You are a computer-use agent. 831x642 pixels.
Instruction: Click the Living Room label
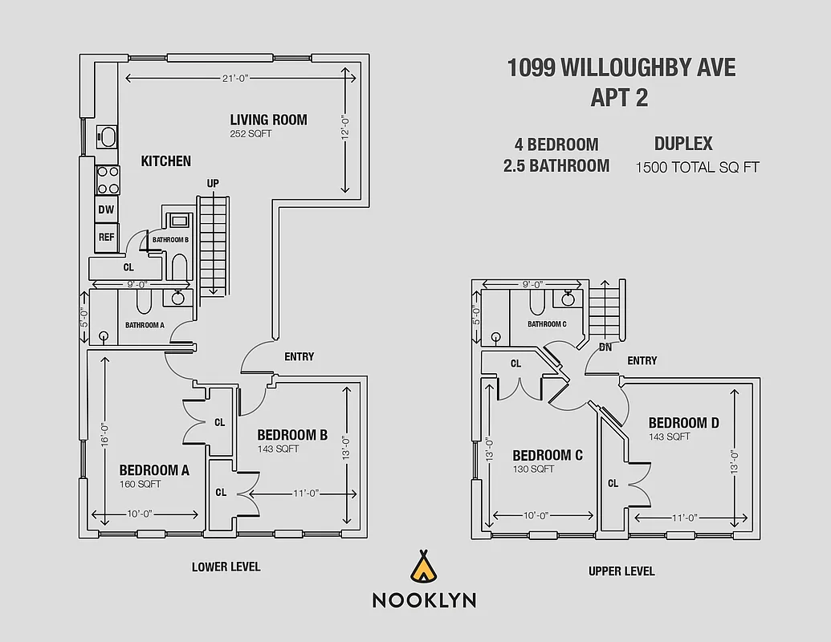pyautogui.click(x=268, y=120)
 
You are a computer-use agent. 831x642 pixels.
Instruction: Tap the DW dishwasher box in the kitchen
pyautogui.click(x=106, y=209)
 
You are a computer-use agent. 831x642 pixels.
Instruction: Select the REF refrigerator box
pyautogui.click(x=106, y=237)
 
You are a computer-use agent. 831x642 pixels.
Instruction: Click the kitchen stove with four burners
pyautogui.click(x=108, y=180)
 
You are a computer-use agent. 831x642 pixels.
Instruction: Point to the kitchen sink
pyautogui.click(x=106, y=136)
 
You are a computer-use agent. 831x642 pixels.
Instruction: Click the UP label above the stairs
pyautogui.click(x=213, y=184)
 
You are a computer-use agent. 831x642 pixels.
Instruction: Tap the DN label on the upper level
pyautogui.click(x=606, y=347)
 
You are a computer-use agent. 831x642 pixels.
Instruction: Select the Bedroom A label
pyautogui.click(x=154, y=470)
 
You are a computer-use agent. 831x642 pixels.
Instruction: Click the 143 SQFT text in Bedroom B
pyautogui.click(x=278, y=449)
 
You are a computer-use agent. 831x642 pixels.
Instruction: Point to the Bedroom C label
pyautogui.click(x=548, y=455)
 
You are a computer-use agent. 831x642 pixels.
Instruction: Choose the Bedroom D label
pyautogui.click(x=683, y=423)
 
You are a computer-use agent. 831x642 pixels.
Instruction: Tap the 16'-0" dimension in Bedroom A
pyautogui.click(x=104, y=434)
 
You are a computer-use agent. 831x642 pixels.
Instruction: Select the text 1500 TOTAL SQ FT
pyautogui.click(x=697, y=168)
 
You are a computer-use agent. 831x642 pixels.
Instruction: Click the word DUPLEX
pyautogui.click(x=682, y=144)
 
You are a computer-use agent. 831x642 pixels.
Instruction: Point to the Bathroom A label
pyautogui.click(x=145, y=325)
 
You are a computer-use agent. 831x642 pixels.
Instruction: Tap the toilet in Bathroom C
pyautogui.click(x=537, y=302)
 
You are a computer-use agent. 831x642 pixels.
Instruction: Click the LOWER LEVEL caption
pyautogui.click(x=226, y=567)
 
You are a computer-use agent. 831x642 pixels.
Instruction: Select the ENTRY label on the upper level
pyautogui.click(x=642, y=361)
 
